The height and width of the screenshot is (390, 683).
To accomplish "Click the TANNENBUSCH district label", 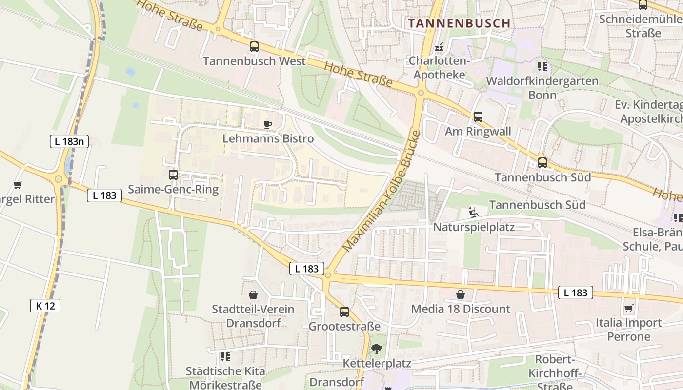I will [x=459, y=23].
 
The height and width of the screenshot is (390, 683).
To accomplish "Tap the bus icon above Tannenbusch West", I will [x=254, y=47].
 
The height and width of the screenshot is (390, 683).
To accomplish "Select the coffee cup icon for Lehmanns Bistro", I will [x=267, y=124].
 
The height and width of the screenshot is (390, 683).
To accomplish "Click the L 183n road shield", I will [x=69, y=142].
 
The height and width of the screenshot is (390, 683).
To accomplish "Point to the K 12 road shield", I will [x=45, y=306].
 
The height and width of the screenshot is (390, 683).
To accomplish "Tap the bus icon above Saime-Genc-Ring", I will [x=173, y=175].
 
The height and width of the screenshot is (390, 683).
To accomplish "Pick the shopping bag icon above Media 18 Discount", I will [x=461, y=294].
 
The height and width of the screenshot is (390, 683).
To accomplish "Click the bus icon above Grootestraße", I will [x=344, y=312].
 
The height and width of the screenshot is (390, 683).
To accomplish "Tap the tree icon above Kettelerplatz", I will [x=377, y=349].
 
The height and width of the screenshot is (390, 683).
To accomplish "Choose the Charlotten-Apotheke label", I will [x=439, y=68].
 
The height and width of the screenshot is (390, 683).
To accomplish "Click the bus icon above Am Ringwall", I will [x=478, y=117].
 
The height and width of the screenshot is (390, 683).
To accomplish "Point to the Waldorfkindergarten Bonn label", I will [x=542, y=87].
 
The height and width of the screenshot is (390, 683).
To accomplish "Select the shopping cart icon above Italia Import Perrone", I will [x=628, y=308].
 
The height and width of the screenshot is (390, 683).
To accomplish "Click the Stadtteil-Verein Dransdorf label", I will [x=253, y=316].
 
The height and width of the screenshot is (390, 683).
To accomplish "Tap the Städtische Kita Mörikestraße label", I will [x=225, y=378].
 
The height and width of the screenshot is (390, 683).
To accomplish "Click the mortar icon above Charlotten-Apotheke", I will [x=440, y=47].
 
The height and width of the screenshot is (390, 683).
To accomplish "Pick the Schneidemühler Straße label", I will [x=643, y=26].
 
